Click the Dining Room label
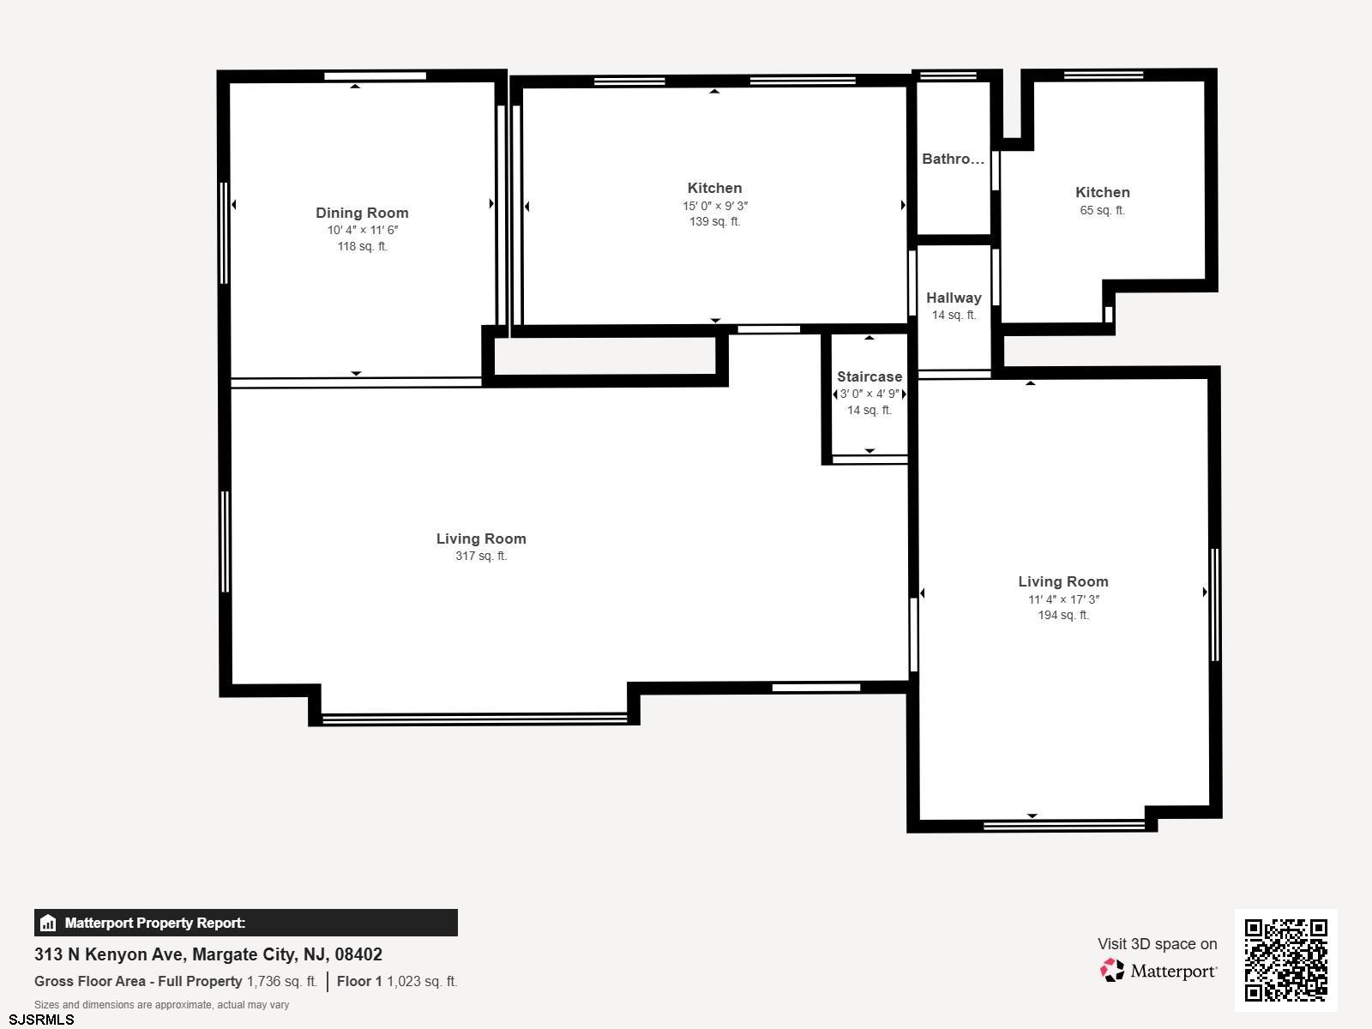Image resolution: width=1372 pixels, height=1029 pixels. pos(362,213)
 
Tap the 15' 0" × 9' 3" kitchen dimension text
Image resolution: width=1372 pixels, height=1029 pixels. pos(715,206)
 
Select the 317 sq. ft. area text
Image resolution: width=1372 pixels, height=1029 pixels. pos(481,556)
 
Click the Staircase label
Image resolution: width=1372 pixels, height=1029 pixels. pos(870,376)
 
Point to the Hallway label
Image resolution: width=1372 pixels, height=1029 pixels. pos(954,298)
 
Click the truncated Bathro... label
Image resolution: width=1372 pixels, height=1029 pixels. pos(954,159)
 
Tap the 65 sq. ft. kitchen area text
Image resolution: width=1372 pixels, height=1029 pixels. pos(1102,210)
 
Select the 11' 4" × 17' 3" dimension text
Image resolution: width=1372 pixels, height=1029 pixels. pos(1063,599)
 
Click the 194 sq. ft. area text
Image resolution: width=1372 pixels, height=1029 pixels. pos(1063,615)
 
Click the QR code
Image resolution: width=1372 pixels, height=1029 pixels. pos(1285,960)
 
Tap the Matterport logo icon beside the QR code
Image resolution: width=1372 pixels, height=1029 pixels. pos(1112,971)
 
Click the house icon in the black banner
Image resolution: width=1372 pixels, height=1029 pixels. pos(48,923)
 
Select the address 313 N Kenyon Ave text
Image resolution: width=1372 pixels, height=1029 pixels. pos(110,954)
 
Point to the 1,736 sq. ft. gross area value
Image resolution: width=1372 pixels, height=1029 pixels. pos(282,981)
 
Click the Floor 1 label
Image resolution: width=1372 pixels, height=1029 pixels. pos(359,981)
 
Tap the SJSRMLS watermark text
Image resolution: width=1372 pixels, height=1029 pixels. pos(41,1020)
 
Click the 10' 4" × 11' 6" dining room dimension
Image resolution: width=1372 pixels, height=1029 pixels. pos(363,230)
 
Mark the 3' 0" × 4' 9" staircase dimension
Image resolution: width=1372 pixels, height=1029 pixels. pos(870,394)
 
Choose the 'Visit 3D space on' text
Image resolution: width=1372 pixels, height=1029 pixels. pos(1157,943)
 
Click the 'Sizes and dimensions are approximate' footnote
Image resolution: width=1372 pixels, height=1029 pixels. pos(161,1005)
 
